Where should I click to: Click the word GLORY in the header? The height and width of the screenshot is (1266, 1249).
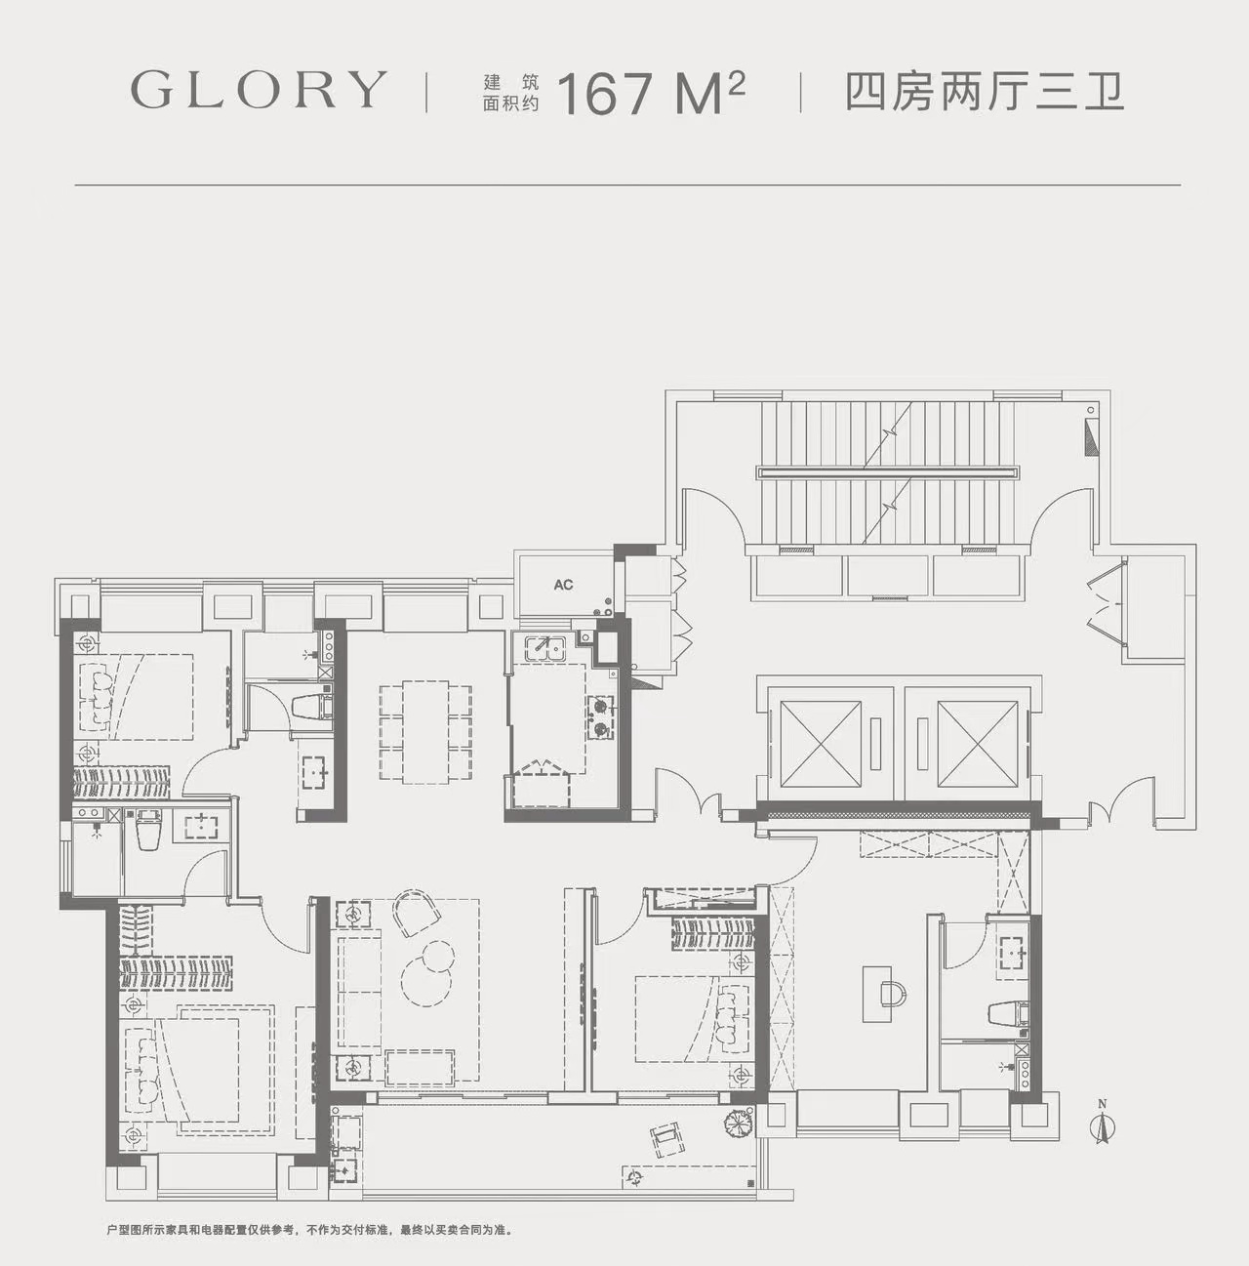[x=259, y=90]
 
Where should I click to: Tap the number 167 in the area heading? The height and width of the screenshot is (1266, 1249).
[x=605, y=94]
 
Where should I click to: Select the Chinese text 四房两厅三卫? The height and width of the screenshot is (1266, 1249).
[x=985, y=94]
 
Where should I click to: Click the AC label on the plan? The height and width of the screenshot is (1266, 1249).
[x=563, y=585]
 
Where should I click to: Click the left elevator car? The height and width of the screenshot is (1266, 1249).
[x=820, y=743]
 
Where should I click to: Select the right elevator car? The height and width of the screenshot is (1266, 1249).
[x=978, y=743]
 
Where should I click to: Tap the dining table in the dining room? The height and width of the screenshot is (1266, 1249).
[x=425, y=731]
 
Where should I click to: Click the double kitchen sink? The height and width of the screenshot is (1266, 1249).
[x=544, y=647]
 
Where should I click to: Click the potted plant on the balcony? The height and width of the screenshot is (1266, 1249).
[x=737, y=1123]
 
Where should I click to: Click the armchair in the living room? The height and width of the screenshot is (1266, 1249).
[x=417, y=913]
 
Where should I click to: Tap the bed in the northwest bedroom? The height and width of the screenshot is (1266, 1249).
[x=136, y=696]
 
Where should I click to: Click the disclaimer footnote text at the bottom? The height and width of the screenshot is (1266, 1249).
[x=308, y=1229]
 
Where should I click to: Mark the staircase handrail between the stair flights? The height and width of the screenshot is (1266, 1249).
[x=888, y=471]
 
